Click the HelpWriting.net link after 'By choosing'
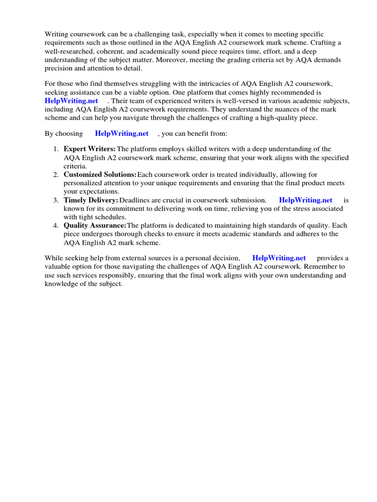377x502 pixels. click(x=122, y=134)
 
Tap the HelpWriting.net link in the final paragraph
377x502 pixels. click(x=279, y=258)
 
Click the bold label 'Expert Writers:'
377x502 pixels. click(x=90, y=149)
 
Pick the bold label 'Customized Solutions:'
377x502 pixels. click(x=100, y=175)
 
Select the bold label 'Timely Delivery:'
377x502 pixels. click(x=91, y=200)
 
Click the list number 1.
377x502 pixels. click(x=55, y=149)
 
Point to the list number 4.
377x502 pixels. click(x=55, y=226)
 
